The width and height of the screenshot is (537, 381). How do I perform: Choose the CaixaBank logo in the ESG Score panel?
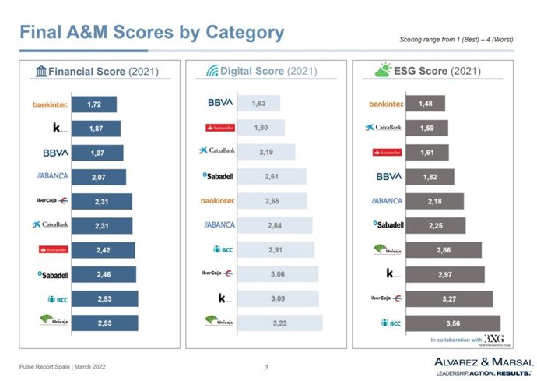[x=384, y=127]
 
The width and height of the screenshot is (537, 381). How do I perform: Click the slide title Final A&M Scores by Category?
[x=152, y=33]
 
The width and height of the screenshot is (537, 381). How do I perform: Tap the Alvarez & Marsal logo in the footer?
[x=483, y=365]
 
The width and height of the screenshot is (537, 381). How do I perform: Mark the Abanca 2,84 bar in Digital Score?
[x=275, y=226]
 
